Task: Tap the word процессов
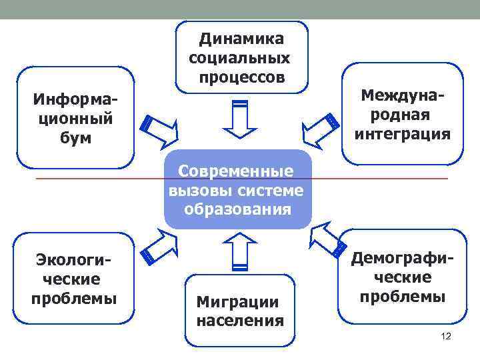click(x=241, y=77)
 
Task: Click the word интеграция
click(x=402, y=134)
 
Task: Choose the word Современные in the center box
click(x=236, y=172)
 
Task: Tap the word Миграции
click(x=237, y=301)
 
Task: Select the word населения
click(x=239, y=321)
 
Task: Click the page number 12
click(x=446, y=336)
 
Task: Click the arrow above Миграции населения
click(x=240, y=252)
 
